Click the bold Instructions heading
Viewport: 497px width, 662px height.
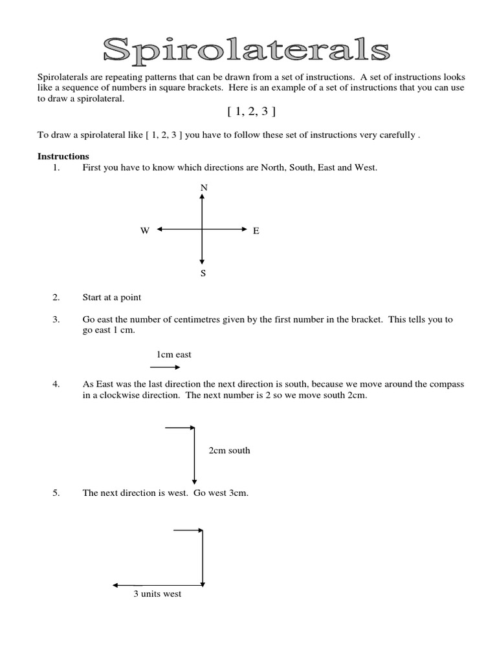63,156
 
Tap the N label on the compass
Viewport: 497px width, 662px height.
204,187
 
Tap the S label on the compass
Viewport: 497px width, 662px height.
203,273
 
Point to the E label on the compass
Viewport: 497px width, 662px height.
256,230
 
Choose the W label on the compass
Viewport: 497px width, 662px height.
145,230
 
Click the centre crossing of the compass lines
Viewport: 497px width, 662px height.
203,229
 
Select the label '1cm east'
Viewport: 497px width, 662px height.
173,354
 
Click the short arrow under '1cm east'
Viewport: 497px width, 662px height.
165,367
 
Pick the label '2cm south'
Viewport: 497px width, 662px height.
229,451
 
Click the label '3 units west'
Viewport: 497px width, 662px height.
157,593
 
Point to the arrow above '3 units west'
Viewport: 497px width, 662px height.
159,584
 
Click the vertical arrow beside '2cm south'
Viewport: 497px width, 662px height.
194,456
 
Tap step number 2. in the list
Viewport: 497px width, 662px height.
56,297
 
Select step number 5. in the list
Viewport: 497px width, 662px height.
56,493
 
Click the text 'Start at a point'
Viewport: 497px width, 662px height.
111,297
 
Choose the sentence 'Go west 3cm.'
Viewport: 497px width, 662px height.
221,493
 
